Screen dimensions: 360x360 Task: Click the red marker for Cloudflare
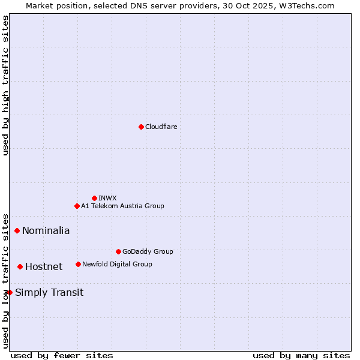click(x=141, y=127)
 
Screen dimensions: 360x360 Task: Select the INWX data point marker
click(x=95, y=198)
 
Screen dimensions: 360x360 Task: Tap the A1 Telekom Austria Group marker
click(x=77, y=206)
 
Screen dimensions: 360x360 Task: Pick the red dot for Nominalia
click(x=17, y=230)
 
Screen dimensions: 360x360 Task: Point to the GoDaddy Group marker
click(x=118, y=251)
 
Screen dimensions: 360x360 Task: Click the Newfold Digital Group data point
click(x=79, y=264)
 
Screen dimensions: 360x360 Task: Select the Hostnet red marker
click(x=20, y=266)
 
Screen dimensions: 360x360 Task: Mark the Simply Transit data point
click(x=10, y=292)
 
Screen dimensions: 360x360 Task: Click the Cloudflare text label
click(x=161, y=127)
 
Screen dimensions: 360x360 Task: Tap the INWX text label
click(x=108, y=198)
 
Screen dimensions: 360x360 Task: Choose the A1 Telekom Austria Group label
click(x=122, y=206)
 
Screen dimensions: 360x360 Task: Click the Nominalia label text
click(x=46, y=230)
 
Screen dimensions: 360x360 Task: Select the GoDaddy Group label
click(x=148, y=251)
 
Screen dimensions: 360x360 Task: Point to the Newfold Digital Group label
click(x=117, y=264)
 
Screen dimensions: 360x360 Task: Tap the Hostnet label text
click(x=44, y=266)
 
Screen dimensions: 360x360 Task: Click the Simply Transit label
click(x=49, y=292)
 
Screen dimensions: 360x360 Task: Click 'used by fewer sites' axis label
click(x=62, y=355)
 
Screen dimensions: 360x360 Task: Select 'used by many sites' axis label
click(x=301, y=355)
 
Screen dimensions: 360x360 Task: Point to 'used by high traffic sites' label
click(x=5, y=85)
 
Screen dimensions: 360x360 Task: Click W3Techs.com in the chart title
click(x=307, y=5)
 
